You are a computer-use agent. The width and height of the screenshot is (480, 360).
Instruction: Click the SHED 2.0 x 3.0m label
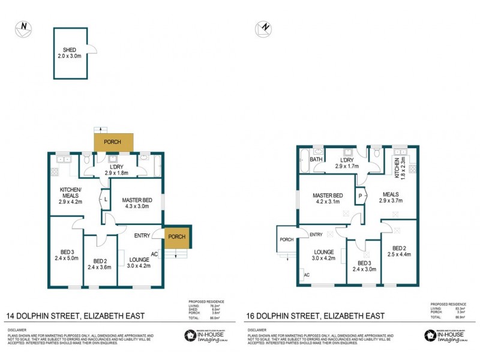(71, 53)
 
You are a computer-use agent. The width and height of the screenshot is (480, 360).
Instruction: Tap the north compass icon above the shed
(22, 28)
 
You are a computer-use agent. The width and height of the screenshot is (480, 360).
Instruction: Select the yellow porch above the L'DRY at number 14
(112, 142)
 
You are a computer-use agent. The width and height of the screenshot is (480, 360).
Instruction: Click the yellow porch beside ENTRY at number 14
(177, 236)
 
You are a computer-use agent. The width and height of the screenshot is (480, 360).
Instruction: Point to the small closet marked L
(106, 199)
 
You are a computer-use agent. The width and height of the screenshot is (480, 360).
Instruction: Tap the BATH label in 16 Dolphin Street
(316, 160)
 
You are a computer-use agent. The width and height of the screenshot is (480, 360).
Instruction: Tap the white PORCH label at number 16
(287, 240)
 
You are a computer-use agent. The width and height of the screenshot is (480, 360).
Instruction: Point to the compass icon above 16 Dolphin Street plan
(262, 28)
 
